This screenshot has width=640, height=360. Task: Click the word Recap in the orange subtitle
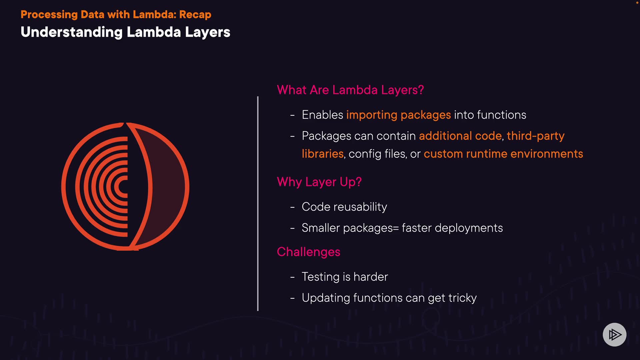click(195, 15)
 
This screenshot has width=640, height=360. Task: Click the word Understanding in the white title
click(72, 32)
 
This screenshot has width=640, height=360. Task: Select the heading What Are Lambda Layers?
click(350, 90)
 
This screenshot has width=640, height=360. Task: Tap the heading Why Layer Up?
click(319, 182)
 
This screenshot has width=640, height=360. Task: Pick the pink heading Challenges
click(308, 252)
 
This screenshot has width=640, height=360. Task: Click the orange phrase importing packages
click(398, 115)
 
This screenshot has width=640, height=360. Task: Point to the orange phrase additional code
click(460, 136)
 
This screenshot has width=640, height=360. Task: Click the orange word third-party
click(535, 136)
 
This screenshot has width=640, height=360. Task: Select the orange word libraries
click(322, 154)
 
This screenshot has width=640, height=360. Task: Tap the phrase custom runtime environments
click(503, 154)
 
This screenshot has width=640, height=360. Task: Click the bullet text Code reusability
click(344, 207)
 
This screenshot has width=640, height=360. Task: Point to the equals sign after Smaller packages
click(396, 228)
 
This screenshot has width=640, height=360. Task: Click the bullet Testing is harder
click(345, 277)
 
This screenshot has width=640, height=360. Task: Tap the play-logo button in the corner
click(614, 335)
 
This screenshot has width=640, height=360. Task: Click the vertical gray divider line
click(258, 203)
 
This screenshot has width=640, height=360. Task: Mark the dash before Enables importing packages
click(292, 115)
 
